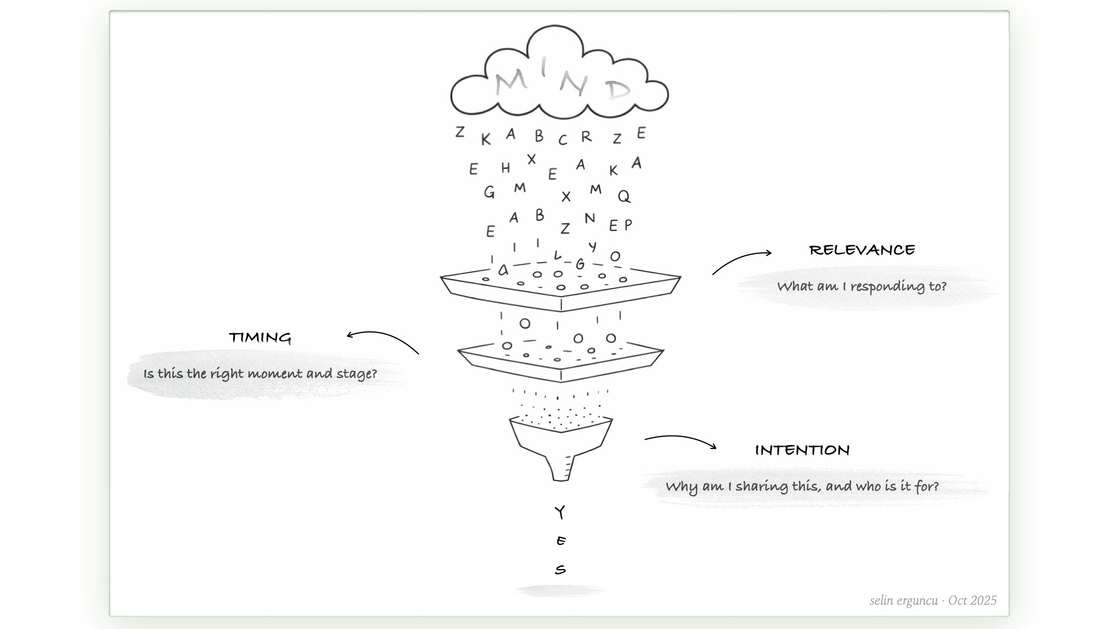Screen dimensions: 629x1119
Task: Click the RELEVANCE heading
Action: pos(862,250)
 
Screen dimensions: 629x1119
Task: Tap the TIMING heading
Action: pos(260,338)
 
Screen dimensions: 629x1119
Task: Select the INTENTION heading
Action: pos(802,450)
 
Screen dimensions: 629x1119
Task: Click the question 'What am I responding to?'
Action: pos(861,287)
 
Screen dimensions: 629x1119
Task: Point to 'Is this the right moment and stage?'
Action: pos(260,374)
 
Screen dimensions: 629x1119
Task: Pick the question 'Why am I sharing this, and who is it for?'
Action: pos(802,487)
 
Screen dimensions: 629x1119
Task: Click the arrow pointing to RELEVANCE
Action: pos(741,261)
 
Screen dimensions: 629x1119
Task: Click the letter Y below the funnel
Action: pos(559,513)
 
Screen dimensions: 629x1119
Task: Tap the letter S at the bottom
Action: pos(560,570)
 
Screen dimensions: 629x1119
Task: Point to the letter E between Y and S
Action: pos(561,541)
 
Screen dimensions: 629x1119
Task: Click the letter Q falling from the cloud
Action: pos(624,196)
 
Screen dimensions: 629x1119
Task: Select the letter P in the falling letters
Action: pos(628,225)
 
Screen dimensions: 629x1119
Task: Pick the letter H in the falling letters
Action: pos(505,168)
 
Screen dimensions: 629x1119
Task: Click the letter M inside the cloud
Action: pos(511,82)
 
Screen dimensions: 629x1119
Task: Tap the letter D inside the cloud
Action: pos(618,90)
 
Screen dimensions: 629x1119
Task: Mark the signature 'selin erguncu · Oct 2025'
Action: pos(933,600)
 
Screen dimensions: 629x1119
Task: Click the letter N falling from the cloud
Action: pos(590,218)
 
